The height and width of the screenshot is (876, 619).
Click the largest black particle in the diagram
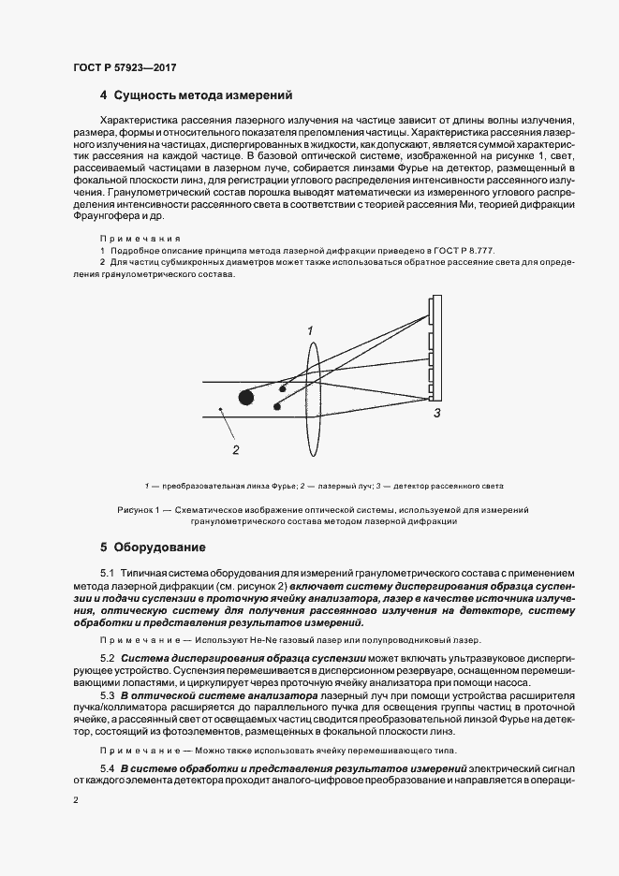click(246, 397)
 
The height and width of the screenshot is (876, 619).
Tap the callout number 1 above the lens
click(310, 330)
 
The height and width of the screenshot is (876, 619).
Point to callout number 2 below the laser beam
click(236, 449)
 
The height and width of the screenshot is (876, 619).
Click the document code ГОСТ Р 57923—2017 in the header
click(125, 68)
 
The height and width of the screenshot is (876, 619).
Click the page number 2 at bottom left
click(76, 800)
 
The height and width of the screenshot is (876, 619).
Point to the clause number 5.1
click(107, 572)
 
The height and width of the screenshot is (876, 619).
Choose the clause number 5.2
click(107, 660)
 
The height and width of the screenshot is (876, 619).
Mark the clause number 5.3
click(107, 696)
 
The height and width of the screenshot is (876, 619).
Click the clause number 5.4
click(107, 767)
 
